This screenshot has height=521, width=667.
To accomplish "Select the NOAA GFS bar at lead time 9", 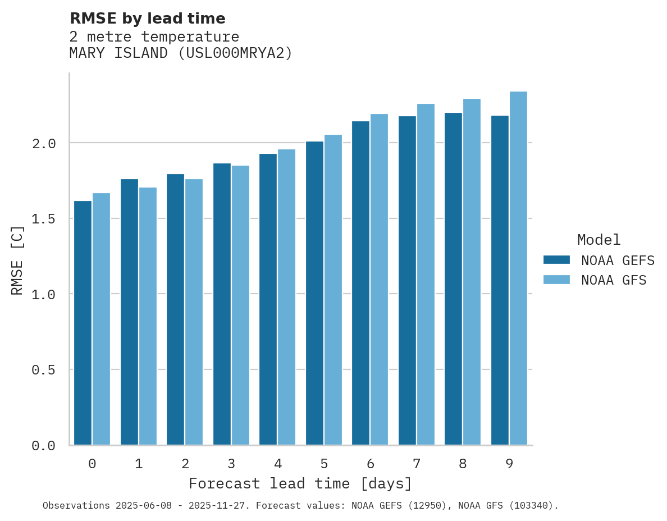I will (518, 268).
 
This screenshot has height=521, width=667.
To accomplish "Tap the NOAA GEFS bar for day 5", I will (314, 293).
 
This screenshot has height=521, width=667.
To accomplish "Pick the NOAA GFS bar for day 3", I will (240, 305).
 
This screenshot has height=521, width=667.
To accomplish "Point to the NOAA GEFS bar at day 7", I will (407, 281).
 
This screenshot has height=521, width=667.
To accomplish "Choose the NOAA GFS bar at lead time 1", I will (148, 316).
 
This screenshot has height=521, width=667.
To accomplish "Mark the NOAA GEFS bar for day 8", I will (453, 279).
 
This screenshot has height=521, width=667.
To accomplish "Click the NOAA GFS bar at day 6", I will (379, 280).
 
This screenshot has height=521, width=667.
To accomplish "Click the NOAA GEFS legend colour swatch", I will (556, 260).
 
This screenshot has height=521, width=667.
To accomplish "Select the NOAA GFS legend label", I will (614, 280).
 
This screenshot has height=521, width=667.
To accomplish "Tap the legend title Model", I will (599, 240).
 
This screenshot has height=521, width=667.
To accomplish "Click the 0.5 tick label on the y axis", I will (44, 370).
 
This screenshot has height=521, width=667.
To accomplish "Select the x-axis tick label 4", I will (277, 464).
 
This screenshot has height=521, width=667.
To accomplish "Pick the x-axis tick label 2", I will (185, 464).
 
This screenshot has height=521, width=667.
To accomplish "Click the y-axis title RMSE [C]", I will (17, 260).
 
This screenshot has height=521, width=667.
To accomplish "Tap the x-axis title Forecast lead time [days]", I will (300, 483).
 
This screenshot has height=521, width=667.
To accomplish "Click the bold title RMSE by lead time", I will (147, 19).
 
